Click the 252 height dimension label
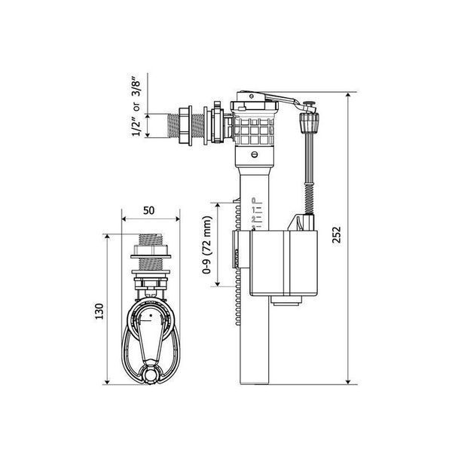point(337,235)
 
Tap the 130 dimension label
point(99,311)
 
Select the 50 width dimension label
point(148,210)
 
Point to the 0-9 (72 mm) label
point(207,245)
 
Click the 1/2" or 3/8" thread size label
point(136,107)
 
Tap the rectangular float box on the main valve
point(284,264)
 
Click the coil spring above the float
point(310,199)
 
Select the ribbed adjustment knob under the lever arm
point(310,123)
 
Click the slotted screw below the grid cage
point(255,154)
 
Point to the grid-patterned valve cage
point(254,131)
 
